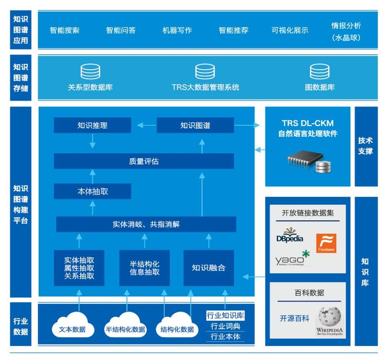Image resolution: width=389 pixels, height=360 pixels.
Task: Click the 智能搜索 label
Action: (65, 30)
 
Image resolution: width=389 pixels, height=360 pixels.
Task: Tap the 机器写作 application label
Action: (177, 30)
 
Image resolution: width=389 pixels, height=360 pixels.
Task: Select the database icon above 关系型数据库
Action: (90, 72)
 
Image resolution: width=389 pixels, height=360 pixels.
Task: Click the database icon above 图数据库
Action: (320, 72)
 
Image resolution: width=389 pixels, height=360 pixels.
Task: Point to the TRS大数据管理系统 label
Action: (205, 87)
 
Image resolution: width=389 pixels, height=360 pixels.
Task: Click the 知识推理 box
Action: (93, 125)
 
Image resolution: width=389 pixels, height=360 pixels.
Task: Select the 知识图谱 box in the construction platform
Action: (195, 125)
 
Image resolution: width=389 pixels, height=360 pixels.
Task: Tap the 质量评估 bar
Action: (144, 161)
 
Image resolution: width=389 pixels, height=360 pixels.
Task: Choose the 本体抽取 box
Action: (93, 191)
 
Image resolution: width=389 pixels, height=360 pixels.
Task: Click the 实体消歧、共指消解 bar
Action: (146, 224)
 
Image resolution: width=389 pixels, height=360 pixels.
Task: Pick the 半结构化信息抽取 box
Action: (145, 268)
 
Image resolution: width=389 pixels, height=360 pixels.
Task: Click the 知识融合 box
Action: (209, 268)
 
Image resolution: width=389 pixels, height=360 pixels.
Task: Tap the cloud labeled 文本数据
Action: (73, 325)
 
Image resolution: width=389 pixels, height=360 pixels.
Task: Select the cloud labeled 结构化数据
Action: (177, 325)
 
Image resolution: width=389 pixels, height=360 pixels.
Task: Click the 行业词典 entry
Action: (225, 326)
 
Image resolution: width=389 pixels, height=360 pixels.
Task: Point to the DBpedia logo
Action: (289, 235)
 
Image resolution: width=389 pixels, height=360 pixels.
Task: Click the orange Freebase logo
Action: (326, 243)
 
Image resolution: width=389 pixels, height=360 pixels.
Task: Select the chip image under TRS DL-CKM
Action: (309, 161)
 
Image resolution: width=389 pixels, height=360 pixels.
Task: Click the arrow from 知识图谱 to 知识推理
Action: (147, 125)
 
